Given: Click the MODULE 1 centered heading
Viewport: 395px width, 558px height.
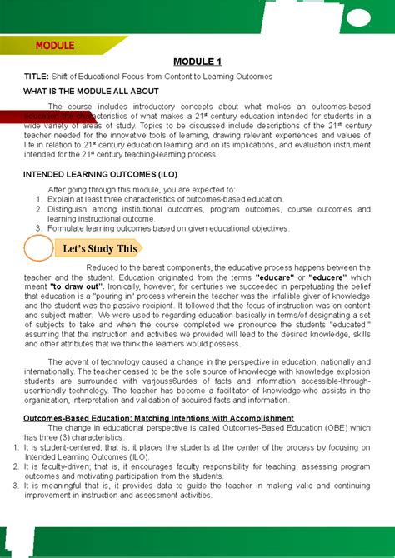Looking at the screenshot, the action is [197, 62].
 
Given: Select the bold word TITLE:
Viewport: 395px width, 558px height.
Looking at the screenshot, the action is [36, 77].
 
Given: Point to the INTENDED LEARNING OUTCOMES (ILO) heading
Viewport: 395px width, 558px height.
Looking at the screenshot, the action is [93, 174].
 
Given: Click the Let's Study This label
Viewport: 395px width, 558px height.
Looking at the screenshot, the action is [98, 248].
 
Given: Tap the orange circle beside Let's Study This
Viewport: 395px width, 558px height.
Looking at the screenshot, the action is [39, 248].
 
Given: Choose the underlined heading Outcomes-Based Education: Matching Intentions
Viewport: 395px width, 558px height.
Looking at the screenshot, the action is [158, 417].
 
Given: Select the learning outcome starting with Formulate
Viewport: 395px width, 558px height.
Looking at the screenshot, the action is [167, 228].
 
